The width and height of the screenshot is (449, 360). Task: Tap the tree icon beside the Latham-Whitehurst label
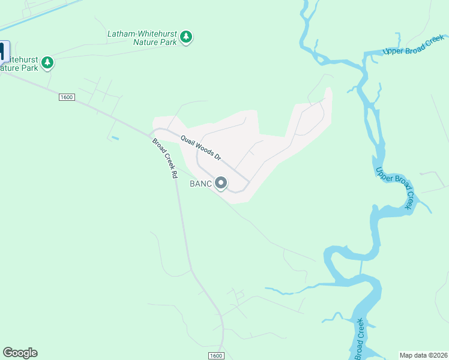pos(187,37)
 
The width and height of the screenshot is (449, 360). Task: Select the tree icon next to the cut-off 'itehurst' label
pos(47,62)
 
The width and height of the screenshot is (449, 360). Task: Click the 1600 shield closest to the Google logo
pos(216,356)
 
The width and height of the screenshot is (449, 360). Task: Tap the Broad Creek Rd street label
pos(166,158)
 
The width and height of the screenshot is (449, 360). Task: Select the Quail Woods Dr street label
pos(201,147)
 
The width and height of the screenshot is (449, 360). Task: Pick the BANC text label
pos(200,184)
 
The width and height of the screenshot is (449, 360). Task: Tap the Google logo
pos(20,353)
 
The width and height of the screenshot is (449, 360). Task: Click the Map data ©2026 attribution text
pos(423,355)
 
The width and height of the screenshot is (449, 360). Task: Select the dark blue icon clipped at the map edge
pos(4,52)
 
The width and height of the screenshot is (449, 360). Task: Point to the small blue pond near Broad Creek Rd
pos(115,139)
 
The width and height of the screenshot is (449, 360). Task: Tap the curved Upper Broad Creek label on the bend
pos(395,187)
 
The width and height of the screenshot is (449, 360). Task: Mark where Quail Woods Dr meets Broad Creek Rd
pos(151,133)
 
